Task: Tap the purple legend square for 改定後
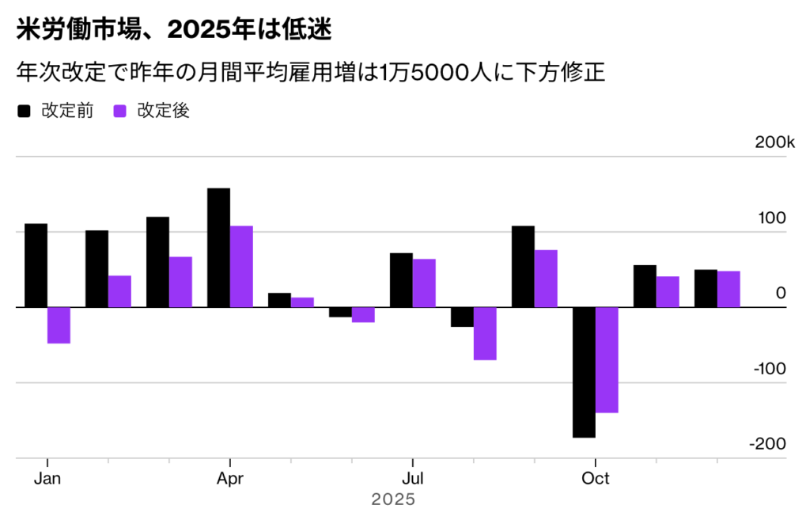pos(120,112)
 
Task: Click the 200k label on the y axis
pos(774,142)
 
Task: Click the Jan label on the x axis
pos(47,479)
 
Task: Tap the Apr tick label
pos(230,479)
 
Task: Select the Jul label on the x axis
pos(412,479)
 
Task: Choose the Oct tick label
pos(595,479)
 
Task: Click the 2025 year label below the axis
pos(393,500)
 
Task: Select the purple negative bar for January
pos(59,325)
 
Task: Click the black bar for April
pos(218,247)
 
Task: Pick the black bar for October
pos(584,372)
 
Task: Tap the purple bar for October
pos(607,360)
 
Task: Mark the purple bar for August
pos(485,333)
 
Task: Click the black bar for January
pos(36,265)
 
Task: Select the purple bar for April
pos(241,266)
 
